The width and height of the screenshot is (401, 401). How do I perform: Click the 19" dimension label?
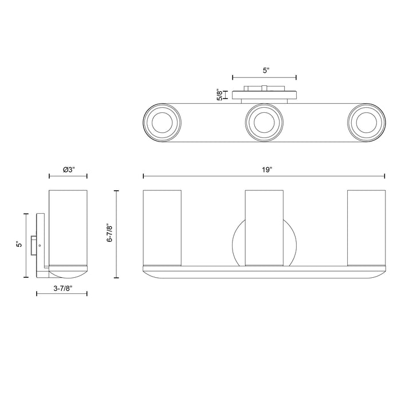click(266, 170)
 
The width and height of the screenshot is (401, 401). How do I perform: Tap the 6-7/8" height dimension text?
click(110, 233)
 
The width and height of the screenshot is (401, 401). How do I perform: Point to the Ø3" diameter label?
click(69, 170)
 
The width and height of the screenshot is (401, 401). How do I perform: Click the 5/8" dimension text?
click(219, 95)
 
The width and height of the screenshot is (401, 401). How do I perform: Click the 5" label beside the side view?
click(19, 244)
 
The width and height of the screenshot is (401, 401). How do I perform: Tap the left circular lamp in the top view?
click(162, 122)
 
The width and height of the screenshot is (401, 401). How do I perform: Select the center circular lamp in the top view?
click(265, 122)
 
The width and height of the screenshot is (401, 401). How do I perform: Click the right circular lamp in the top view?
click(367, 122)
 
